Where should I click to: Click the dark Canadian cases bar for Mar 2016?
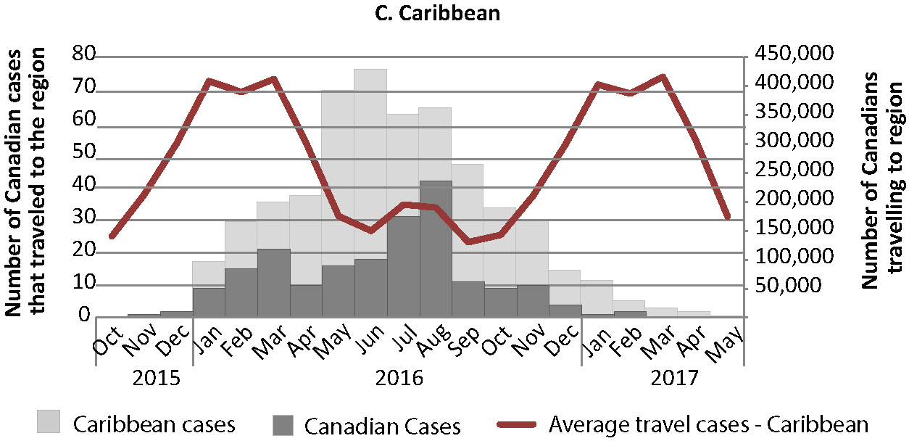pyautogui.click(x=273, y=283)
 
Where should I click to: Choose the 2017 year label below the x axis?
pyautogui.click(x=673, y=379)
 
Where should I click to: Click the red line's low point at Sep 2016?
pyautogui.click(x=468, y=242)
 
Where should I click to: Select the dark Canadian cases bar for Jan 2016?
pyautogui.click(x=209, y=302)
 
